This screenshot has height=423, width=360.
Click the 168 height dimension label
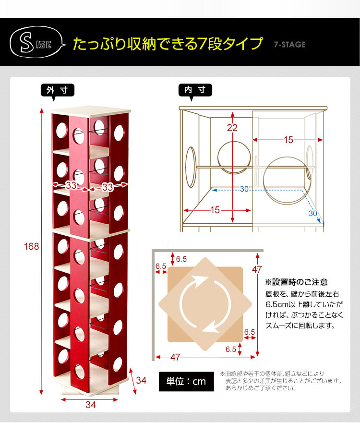click(31, 246)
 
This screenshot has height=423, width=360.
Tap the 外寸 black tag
click(58, 90)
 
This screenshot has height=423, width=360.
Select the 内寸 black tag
click(195, 90)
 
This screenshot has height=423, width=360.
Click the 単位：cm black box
click(186, 381)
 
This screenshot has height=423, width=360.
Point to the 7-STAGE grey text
click(289, 45)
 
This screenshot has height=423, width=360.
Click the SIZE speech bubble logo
click(37, 42)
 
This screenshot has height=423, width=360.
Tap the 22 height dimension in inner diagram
click(232, 128)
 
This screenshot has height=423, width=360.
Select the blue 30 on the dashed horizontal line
click(244, 189)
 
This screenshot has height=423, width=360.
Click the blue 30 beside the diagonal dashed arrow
click(313, 213)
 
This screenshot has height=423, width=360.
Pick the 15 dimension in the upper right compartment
click(288, 140)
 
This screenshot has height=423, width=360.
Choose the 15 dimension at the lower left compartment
click(215, 210)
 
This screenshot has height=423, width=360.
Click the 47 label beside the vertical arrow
click(257, 269)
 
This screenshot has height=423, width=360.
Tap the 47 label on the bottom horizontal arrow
click(175, 357)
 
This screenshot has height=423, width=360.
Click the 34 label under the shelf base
click(91, 405)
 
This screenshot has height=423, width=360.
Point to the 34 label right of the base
click(141, 380)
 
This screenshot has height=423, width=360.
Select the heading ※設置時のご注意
click(296, 282)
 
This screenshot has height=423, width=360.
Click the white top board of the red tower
click(90, 111)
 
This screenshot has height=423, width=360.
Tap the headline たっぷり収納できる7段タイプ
click(168, 44)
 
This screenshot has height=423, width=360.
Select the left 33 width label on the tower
click(71, 185)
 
